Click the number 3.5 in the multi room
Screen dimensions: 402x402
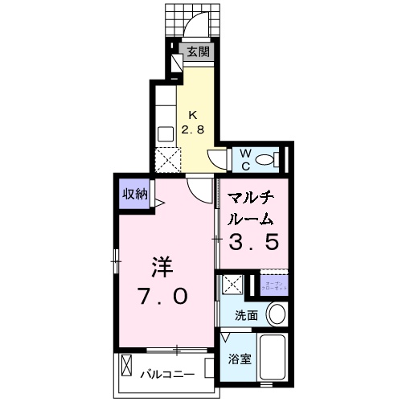[x=256, y=240]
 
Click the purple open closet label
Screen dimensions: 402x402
[x=271, y=285]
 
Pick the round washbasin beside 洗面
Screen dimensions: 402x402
[x=276, y=314]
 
